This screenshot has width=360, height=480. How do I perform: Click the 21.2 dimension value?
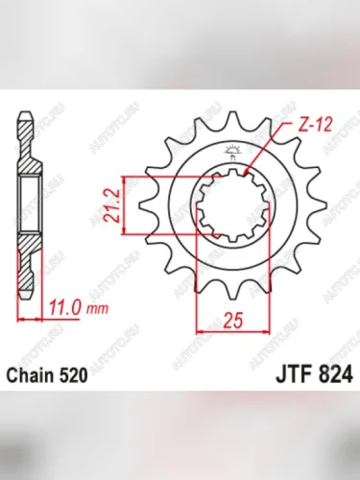click(114, 206)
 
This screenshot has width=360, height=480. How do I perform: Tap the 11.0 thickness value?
click(65, 309)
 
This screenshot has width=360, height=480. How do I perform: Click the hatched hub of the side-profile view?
click(28, 205)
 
